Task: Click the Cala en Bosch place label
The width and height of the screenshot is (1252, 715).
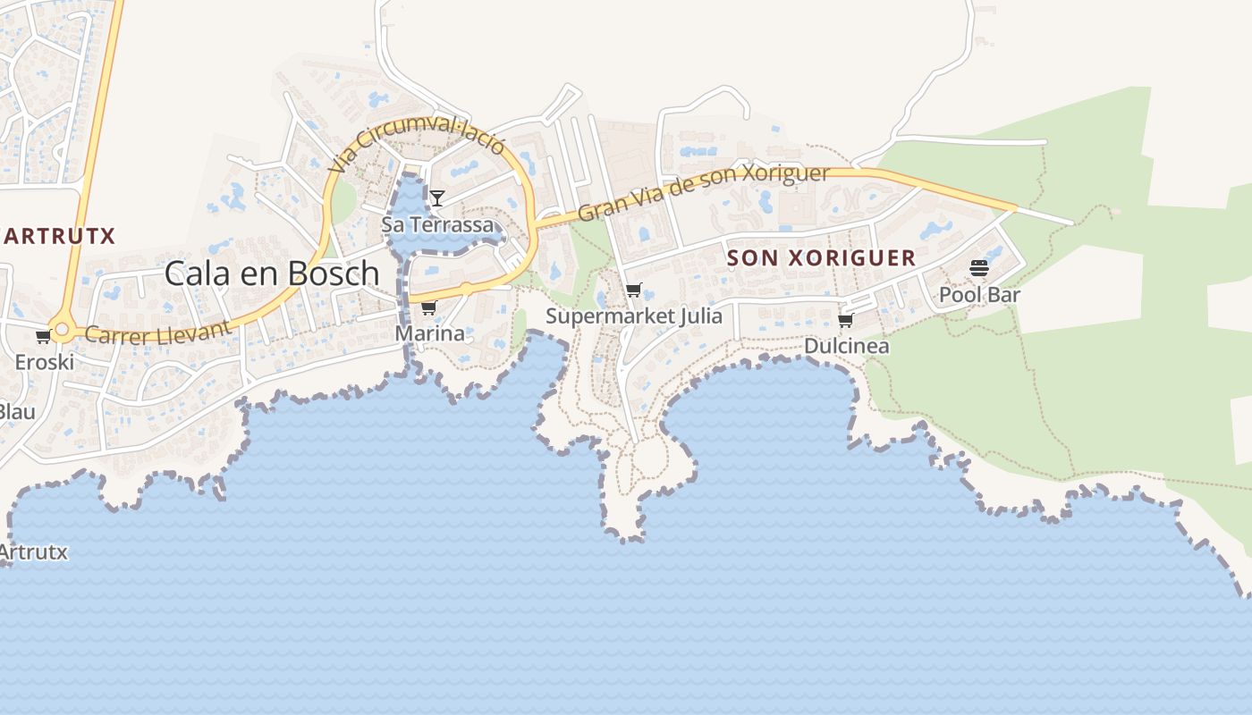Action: coord(272,273)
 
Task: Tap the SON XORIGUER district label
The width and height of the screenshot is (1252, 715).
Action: coord(821,258)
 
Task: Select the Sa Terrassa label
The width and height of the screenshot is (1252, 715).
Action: coord(437,224)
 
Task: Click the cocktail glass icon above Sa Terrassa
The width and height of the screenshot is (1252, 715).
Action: coord(436,198)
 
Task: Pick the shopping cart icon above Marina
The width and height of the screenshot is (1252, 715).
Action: coord(428,308)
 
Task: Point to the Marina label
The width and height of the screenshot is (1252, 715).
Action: coord(430,334)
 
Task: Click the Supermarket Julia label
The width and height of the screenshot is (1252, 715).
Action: coord(634,316)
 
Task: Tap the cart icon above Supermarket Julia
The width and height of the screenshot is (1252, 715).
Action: coord(634,290)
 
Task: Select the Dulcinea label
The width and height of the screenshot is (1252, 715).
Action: coord(846,346)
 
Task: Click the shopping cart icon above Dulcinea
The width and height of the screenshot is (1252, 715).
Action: coord(845,320)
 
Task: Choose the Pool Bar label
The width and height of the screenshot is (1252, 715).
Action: coord(979,294)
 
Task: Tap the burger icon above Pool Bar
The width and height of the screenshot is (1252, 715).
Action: coord(979,268)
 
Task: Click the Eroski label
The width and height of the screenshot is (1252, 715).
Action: coord(44,363)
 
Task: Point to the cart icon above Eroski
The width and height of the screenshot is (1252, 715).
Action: coord(43,337)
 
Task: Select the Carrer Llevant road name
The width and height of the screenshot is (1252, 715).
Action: coord(158,332)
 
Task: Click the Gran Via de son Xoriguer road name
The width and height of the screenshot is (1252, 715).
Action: coord(704,191)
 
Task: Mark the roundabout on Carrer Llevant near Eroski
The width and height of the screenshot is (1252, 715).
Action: coord(62,330)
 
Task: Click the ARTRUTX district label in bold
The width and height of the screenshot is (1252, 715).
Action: coord(59,236)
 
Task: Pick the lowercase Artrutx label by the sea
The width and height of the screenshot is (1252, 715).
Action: coord(33,552)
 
